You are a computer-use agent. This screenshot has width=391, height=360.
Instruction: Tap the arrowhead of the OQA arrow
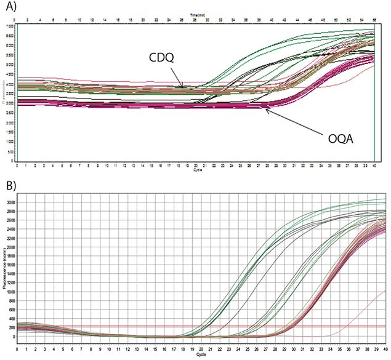pyautogui.click(x=265, y=110)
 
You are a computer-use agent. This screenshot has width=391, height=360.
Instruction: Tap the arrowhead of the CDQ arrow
pyautogui.click(x=182, y=89)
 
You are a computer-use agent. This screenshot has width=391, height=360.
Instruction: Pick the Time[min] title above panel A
pyautogui.click(x=197, y=15)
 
